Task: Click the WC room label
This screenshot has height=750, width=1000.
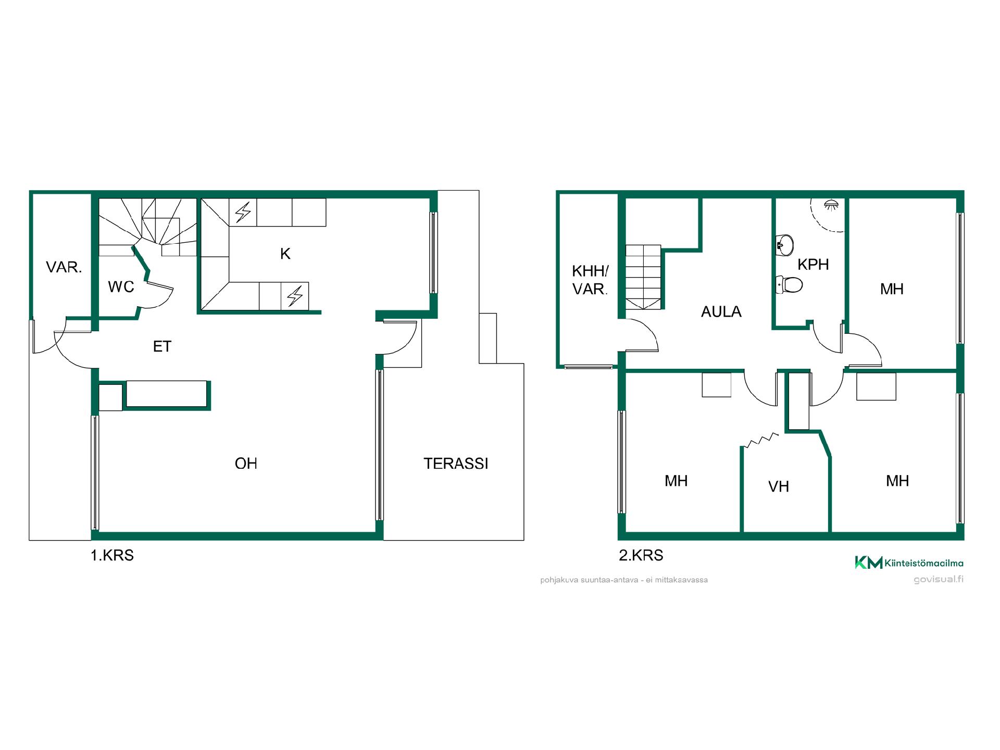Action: [x=121, y=286]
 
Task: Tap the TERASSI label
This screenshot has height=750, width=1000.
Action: [x=456, y=464]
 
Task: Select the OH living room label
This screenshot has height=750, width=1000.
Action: [x=246, y=464]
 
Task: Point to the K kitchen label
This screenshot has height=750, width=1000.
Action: [x=285, y=254]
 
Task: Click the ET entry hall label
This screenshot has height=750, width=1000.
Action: [x=162, y=346]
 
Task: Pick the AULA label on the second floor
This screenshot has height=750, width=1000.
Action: [x=721, y=311]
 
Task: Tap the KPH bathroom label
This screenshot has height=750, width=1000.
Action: [x=813, y=265]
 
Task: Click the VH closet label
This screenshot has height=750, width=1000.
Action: [x=779, y=486]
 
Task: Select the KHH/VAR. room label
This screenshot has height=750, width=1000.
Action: [x=590, y=280]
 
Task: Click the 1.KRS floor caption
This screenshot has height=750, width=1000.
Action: [x=112, y=556]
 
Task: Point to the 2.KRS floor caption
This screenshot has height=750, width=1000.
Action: [x=641, y=555]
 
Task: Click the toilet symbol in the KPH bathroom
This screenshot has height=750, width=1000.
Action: [x=789, y=284]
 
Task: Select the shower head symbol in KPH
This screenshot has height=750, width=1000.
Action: [x=831, y=204]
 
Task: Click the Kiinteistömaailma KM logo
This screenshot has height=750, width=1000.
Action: [x=909, y=562]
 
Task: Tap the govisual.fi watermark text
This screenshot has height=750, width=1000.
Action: [x=939, y=580]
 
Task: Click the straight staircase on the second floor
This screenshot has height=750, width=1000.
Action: [x=643, y=277]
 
